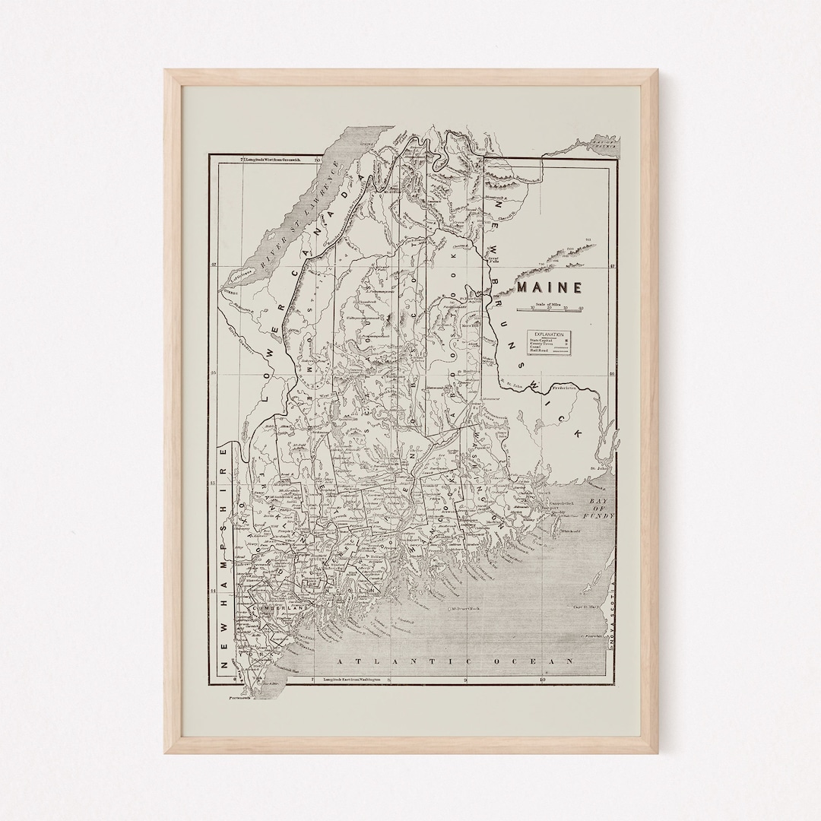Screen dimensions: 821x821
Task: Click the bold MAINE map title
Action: pos(550,287)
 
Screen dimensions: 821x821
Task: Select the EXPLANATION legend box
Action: pos(549,342)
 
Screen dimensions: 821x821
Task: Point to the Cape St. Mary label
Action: pos(586,606)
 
